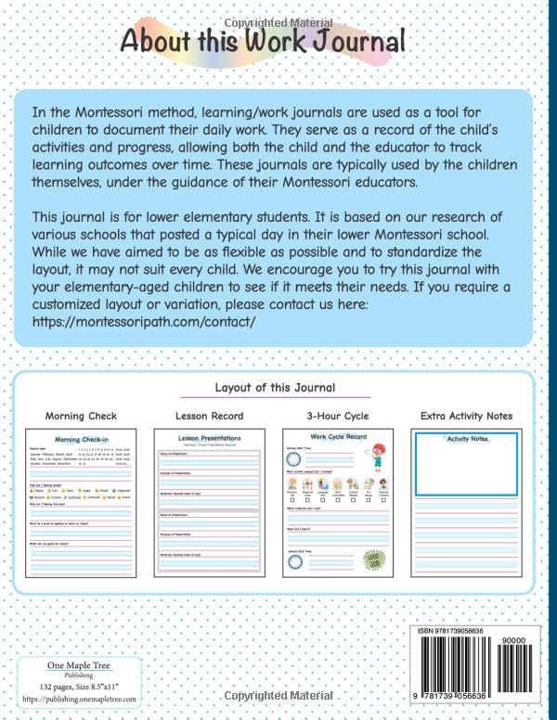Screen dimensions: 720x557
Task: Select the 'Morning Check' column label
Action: coord(81,416)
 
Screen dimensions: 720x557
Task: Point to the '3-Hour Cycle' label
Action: coord(336,416)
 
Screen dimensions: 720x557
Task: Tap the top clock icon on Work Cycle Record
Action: coord(294,457)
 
